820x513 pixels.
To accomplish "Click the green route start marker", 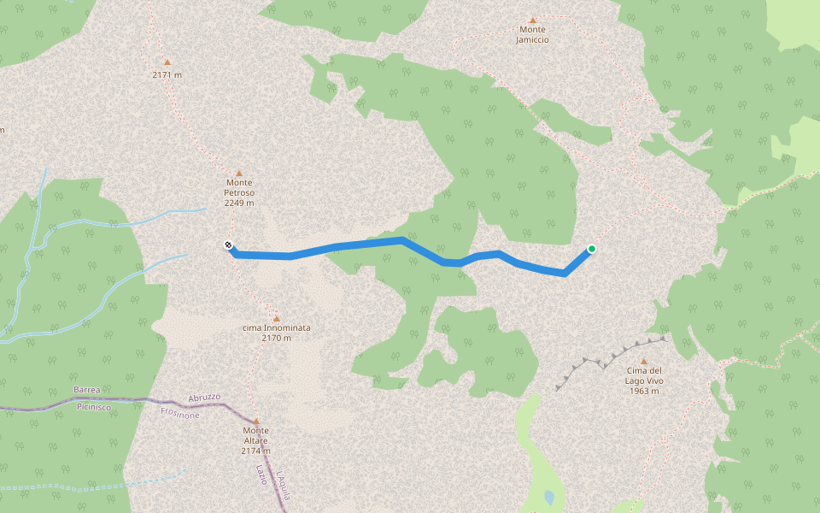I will (x=591, y=250).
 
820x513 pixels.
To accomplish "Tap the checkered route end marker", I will (x=229, y=246).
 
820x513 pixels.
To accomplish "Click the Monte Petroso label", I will (x=239, y=192).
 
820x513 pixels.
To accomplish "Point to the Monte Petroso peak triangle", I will (x=239, y=173).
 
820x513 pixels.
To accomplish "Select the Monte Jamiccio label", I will (x=532, y=34).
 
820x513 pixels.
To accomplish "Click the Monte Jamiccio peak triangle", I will (x=533, y=20).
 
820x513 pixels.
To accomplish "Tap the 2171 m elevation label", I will (x=167, y=75).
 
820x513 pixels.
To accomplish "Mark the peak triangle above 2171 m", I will (x=167, y=62).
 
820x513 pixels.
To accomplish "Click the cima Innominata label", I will (x=276, y=333).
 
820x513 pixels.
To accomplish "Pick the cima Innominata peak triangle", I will (x=276, y=317).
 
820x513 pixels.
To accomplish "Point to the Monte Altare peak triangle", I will (x=255, y=421).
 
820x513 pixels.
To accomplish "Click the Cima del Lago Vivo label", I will (x=643, y=380).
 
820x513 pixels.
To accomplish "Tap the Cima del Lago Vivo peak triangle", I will (x=643, y=361).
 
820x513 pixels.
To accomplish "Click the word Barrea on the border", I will (x=87, y=390).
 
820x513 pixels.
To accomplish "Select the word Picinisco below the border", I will (x=96, y=407).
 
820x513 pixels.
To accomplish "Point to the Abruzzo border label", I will (x=203, y=398).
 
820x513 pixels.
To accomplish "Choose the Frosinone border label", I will (x=179, y=414).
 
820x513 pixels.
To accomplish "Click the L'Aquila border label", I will (x=284, y=484).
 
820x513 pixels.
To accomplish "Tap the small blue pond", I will (x=549, y=496).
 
